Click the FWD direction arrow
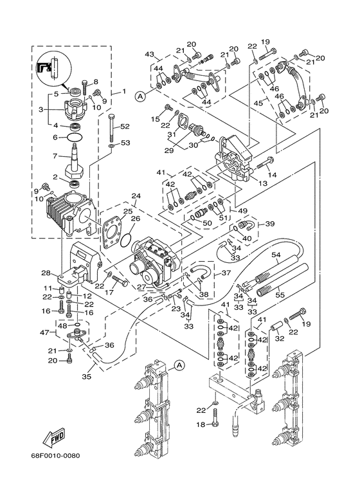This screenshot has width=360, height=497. coord(53,437)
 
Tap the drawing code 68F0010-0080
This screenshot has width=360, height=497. coord(55,456)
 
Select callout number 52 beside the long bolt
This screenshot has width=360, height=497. coord(125,126)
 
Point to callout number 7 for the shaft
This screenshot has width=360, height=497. coord(55,156)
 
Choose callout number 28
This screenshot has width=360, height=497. coord(46,273)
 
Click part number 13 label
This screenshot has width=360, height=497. coord(263,183)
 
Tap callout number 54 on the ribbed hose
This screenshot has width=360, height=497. coord(276,255)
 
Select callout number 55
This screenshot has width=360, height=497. coord(280,294)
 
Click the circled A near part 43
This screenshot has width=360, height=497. coord(139,96)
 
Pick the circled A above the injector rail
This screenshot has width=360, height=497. coord(179,365)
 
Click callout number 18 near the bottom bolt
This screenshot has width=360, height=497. coord(201,424)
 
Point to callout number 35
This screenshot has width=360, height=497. coord(87,377)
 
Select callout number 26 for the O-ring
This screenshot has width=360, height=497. coord(135,219)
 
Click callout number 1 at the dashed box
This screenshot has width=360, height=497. coord(124,91)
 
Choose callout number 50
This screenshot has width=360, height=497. coord(207,223)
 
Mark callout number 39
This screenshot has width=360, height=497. coord(270,224)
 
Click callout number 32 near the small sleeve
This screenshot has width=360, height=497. coord(279,339)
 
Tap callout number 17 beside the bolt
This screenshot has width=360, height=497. coord(109,293)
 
